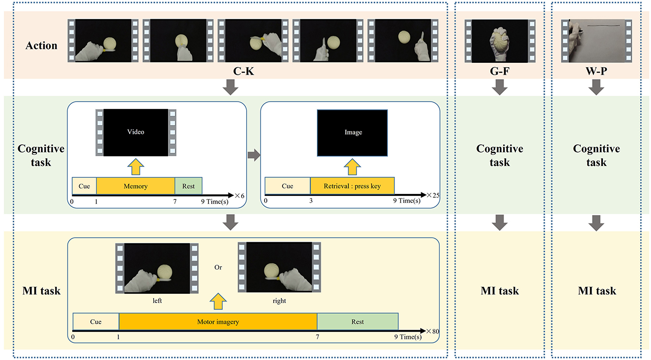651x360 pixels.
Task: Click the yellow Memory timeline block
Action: pyautogui.click(x=136, y=186)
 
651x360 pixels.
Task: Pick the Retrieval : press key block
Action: pyautogui.click(x=352, y=186)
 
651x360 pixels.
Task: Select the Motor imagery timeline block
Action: pyautogui.click(x=218, y=322)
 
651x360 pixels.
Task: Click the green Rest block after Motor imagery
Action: pyautogui.click(x=357, y=322)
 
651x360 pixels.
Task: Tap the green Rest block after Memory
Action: pyautogui.click(x=188, y=186)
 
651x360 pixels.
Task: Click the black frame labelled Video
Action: pyautogui.click(x=136, y=132)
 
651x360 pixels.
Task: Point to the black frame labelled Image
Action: pyautogui.click(x=352, y=132)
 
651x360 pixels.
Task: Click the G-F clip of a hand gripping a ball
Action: pyautogui.click(x=499, y=41)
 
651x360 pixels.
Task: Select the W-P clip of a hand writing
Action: pyautogui.click(x=596, y=41)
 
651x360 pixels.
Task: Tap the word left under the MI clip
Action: pyautogui.click(x=157, y=301)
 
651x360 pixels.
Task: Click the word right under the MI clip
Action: pyautogui.click(x=279, y=301)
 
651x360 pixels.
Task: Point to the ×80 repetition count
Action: pyautogui.click(x=432, y=331)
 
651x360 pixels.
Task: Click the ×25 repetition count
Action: pyautogui.click(x=433, y=195)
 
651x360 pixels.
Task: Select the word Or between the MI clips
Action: pyautogui.click(x=218, y=268)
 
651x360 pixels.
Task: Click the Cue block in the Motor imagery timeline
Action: pyautogui.click(x=96, y=322)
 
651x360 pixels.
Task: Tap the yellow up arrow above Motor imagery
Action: pyautogui.click(x=218, y=301)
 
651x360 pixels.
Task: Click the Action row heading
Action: pyautogui.click(x=42, y=46)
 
